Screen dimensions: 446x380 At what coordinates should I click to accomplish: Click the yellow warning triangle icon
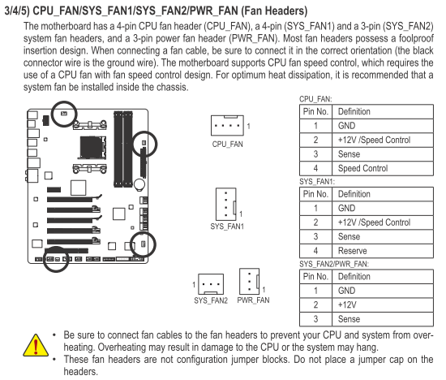36,345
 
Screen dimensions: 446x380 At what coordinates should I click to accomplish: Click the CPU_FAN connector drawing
227,125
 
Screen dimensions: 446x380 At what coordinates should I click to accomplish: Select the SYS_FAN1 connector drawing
226,204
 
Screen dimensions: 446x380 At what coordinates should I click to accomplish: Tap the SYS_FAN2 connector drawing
211,284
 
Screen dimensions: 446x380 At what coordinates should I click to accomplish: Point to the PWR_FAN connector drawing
250,281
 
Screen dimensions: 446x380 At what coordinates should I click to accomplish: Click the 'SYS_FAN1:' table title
317,182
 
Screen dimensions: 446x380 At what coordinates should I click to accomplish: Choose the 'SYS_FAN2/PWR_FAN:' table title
333,264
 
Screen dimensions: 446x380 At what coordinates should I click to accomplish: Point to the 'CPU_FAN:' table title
315,99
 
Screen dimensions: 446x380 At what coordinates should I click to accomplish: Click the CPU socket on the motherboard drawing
92,147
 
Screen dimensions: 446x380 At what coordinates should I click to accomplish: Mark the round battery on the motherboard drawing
139,184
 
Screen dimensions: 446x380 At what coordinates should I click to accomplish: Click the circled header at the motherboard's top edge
64,114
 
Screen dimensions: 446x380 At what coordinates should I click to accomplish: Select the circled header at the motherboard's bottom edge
57,259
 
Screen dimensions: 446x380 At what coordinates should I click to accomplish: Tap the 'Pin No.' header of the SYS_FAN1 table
315,194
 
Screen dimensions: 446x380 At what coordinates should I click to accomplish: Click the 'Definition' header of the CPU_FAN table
354,111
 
